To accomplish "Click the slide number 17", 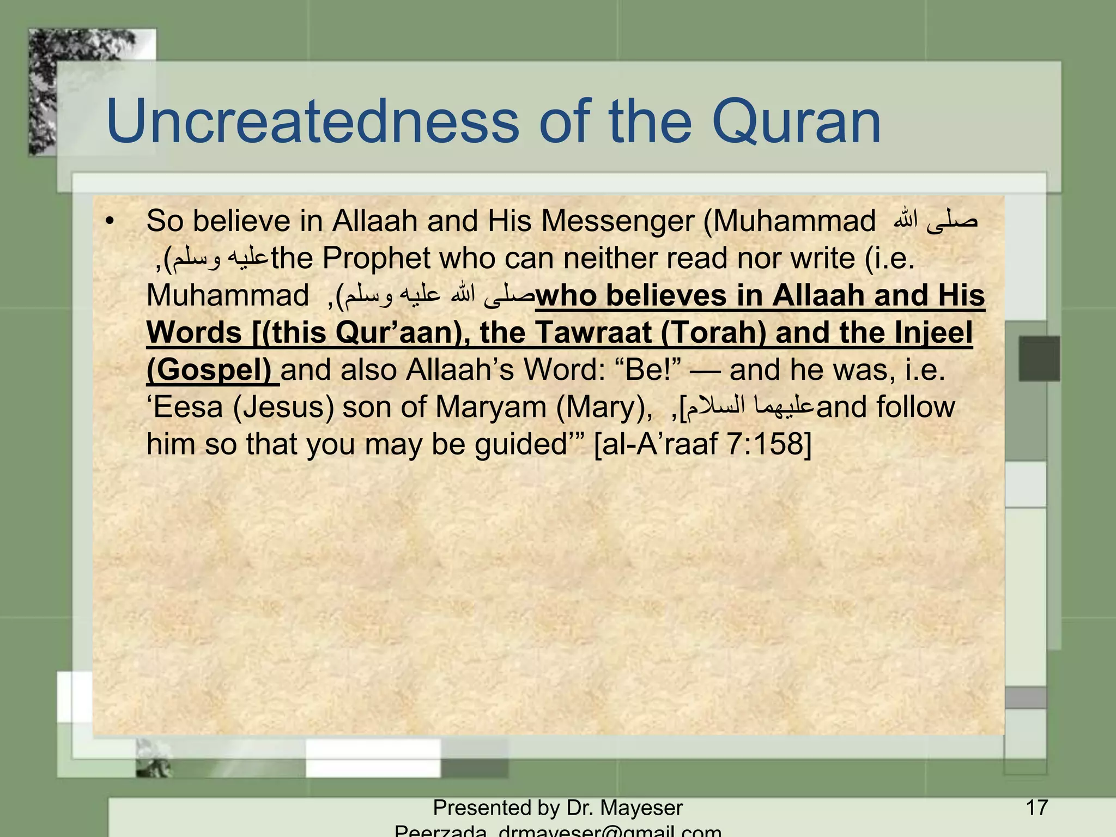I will click(1036, 807).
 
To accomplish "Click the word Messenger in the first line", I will click(618, 221).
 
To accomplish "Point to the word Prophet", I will click(376, 258).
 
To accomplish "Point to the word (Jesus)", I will click(283, 407).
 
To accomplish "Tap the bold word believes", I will click(666, 295).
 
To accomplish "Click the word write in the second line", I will click(822, 258).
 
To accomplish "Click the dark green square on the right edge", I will click(1039, 358).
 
